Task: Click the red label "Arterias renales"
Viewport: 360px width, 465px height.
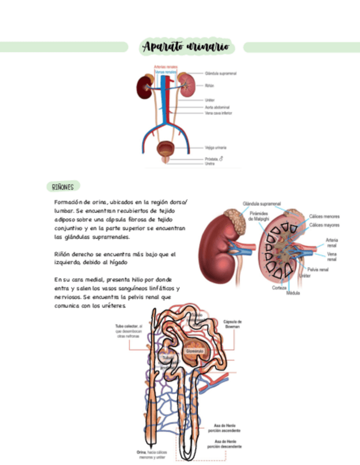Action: [x=165, y=67]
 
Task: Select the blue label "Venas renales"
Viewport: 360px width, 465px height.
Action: [x=166, y=72]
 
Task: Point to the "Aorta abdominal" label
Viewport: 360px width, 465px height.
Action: [x=217, y=107]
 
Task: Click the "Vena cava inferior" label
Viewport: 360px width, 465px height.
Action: [x=218, y=113]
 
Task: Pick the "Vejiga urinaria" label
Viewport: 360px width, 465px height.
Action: [x=216, y=148]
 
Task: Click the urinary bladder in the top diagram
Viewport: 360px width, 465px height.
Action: [x=164, y=149]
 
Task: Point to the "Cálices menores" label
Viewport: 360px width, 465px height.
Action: [x=324, y=217]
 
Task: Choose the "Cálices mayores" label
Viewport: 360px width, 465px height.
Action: [x=324, y=225]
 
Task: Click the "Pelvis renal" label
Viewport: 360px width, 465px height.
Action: [x=318, y=270]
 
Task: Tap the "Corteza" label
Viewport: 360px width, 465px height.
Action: [x=279, y=287]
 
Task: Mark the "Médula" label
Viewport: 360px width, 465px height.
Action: [x=293, y=293]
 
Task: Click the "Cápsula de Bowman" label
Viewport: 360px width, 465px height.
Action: [x=233, y=324]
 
